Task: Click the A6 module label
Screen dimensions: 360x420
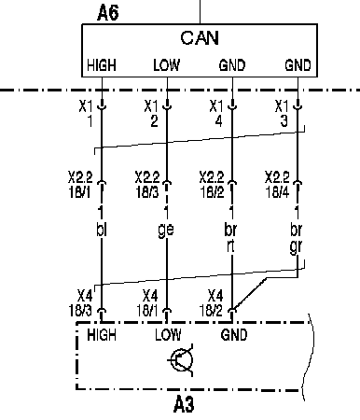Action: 107,13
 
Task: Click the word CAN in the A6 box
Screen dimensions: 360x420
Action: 200,38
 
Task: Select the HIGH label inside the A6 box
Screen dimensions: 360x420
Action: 102,65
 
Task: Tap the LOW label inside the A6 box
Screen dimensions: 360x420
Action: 166,65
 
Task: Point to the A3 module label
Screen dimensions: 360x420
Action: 184,404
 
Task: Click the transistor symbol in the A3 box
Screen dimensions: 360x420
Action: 181,359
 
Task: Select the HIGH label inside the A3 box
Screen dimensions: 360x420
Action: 102,335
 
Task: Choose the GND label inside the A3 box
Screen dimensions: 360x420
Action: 234,335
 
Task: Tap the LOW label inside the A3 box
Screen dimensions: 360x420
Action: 168,335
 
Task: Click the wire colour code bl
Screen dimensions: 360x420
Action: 102,231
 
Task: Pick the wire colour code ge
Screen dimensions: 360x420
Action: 166,231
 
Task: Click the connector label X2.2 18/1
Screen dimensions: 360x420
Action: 80,185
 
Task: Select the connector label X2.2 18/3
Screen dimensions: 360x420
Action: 147,185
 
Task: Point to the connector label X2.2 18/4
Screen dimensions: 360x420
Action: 277,185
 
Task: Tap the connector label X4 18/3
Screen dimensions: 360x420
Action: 80,302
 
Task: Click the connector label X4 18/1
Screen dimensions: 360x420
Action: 147,302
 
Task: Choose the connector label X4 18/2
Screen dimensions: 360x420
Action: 212,302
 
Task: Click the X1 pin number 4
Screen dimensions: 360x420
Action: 219,121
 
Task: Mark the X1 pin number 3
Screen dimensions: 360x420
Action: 284,121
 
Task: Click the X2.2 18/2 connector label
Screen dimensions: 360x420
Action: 212,185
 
